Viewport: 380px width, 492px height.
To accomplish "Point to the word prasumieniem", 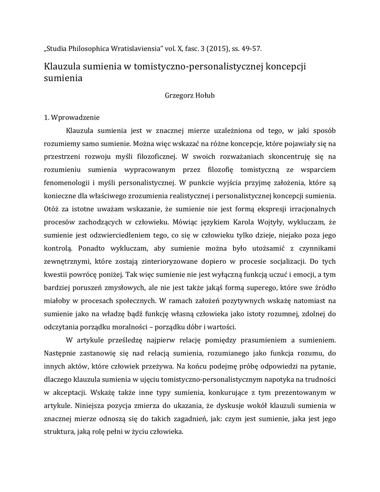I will (x=261, y=340).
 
